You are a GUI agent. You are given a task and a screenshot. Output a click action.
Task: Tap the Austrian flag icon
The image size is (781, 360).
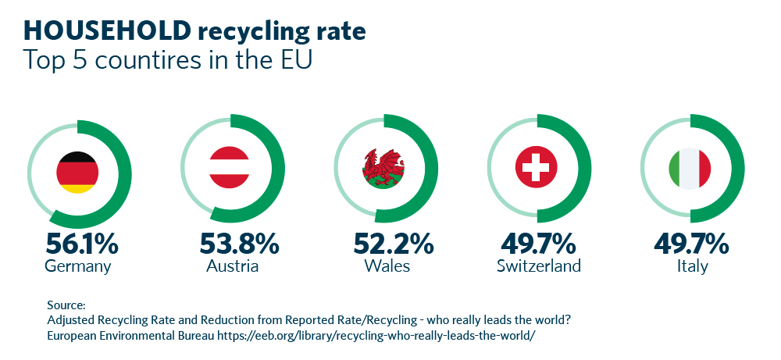pos(229,168)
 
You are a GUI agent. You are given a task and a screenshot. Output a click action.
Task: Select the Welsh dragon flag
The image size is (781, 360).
pos(383,168)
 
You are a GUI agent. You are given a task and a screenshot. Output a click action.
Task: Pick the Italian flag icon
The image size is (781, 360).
pos(690,168)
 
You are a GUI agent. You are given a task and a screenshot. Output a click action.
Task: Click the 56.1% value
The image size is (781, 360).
pos(81,244)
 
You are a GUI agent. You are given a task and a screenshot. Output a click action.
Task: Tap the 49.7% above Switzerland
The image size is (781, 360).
pos(539,244)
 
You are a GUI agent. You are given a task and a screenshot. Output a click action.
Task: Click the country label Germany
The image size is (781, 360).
pos(78,267)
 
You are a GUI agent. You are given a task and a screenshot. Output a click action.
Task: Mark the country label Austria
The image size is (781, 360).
pos(232,266)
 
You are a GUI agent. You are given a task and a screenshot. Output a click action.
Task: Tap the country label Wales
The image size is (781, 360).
pos(387,266)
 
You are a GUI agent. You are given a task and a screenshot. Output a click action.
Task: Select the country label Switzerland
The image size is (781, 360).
pos(539,266)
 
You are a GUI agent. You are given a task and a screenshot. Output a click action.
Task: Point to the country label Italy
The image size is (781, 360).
pos(693,266)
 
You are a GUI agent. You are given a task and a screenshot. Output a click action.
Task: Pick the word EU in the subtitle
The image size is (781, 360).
pos(294,60)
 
